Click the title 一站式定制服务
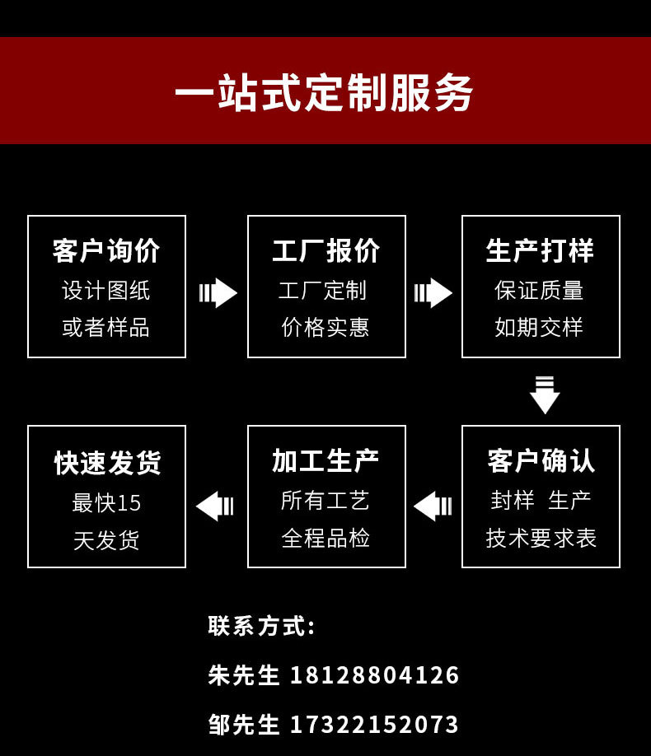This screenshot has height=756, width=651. pos(325,92)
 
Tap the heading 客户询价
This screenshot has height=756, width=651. pos(106,250)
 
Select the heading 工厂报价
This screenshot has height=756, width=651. pos(326,250)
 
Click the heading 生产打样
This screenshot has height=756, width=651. pos(541,250)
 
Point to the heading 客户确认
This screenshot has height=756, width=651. pos(541,460)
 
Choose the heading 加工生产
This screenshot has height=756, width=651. pos(326,460)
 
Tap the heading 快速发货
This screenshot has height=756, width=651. pos(106,462)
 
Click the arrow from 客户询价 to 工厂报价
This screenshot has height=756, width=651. pos(218,292)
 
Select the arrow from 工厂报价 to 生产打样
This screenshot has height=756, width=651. pos(433,292)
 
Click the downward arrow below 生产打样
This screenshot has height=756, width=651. pos(545,394)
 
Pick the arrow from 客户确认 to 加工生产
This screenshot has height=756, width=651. pos(433,506)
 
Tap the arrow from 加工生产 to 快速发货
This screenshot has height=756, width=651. pos(215,506)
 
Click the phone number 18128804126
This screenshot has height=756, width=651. pos(374,675)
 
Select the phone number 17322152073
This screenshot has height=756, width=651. pos(374,725)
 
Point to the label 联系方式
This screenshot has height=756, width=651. pos(261,626)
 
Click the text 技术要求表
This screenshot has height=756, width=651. pos(541,539)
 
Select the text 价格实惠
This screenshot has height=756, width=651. pos(325,328)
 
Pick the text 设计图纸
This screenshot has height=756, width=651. pos(106,291)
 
